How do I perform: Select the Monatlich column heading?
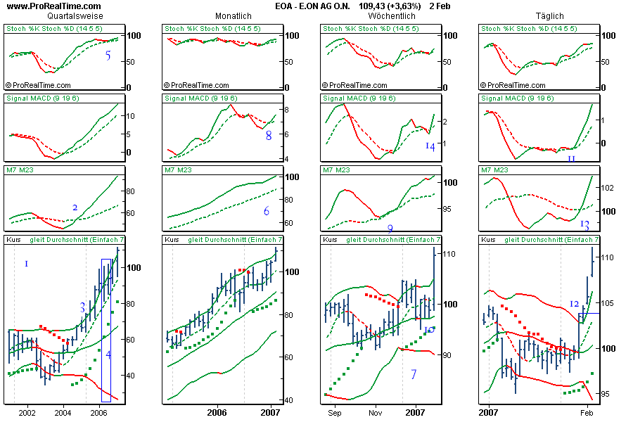coord(234,15)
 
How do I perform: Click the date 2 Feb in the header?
coord(440,6)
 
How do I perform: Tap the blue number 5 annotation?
coord(108,56)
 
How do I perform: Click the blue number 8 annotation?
coord(269,136)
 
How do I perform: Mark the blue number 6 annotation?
coord(267,212)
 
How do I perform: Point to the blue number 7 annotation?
coord(414,374)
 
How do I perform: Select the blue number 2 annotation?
coord(75,207)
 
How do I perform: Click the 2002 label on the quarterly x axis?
coord(27,411)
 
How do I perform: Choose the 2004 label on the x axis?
coord(63,411)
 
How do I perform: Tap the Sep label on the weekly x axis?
coord(334,411)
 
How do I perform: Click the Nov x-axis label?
coord(376,411)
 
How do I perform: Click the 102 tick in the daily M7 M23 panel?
coord(608,188)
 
